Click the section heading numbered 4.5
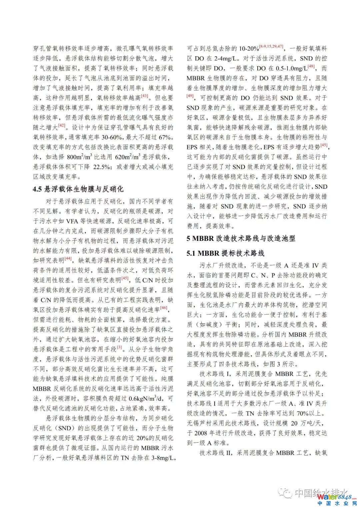[78, 189]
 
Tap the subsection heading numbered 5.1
[225, 253]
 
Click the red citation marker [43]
[144, 96]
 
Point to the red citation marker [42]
[62, 125]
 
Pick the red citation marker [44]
[68, 258]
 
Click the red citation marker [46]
[164, 308]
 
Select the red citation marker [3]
[119, 347]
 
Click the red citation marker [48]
[311, 66]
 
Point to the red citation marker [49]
[190, 96]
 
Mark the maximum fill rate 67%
[165, 137]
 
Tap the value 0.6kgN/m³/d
[148, 399]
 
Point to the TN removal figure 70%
[303, 413]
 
